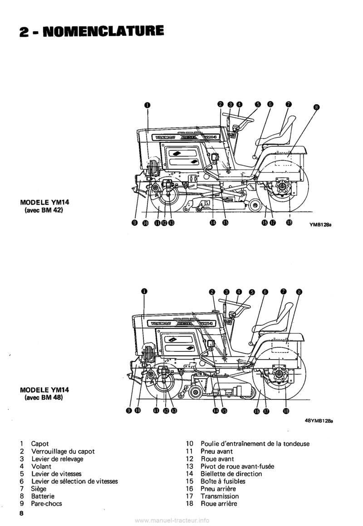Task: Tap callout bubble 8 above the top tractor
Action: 316,107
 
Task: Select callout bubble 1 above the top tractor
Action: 147,105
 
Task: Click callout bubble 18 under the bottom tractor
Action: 286,411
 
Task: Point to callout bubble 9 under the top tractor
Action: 134,223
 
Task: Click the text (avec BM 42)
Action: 44,209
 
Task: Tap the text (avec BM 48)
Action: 44,397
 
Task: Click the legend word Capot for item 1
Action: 40,444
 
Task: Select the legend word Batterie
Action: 43,496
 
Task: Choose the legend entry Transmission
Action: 220,496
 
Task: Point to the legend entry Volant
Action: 41,466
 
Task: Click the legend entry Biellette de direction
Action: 231,474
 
